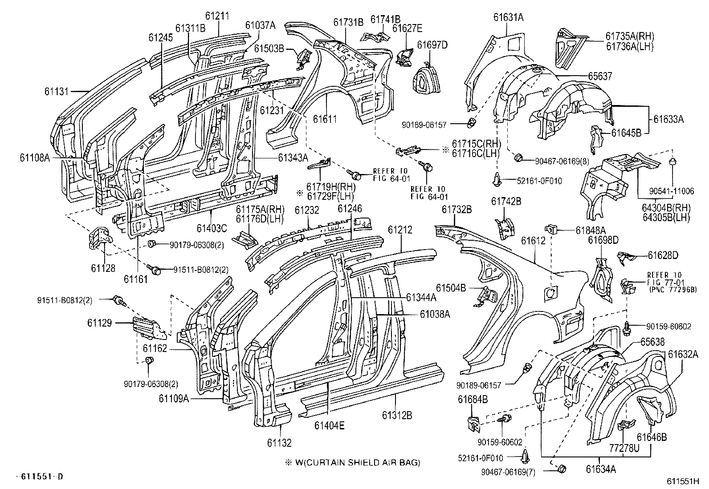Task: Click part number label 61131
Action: tap(56, 91)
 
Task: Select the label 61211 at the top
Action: tap(217, 16)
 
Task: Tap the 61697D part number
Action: tap(432, 44)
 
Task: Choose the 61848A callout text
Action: tap(591, 230)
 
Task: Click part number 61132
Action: tap(279, 443)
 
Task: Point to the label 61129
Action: tap(100, 323)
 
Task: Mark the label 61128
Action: tap(103, 268)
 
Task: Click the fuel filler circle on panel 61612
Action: tap(550, 293)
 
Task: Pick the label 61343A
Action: tap(293, 157)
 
